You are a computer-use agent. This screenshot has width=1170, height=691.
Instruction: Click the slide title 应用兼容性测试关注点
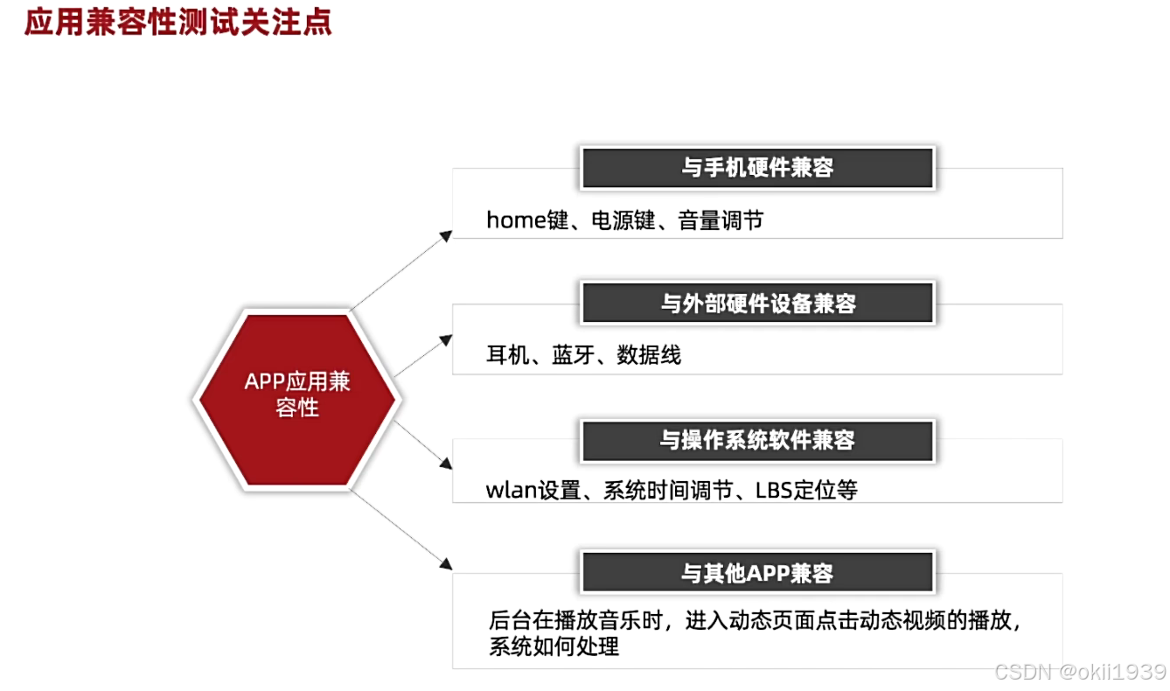point(178,23)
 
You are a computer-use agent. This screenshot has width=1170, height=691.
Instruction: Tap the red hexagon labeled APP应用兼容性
point(296,399)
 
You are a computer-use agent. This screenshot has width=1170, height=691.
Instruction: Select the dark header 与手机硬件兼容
point(757,168)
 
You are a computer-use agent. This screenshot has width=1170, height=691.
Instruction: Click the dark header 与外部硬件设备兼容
point(757,304)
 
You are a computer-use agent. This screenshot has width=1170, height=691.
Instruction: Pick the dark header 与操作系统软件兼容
point(757,439)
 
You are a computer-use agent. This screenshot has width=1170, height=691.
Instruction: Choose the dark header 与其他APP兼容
point(757,574)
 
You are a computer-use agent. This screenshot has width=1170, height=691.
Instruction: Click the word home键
point(527,220)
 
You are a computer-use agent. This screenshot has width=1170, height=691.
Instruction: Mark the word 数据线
point(648,355)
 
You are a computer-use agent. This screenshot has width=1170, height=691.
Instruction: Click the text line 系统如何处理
point(554,647)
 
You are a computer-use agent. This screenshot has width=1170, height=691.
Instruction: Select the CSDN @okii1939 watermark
point(1080,672)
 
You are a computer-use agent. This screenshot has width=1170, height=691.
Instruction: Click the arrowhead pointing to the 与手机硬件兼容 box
point(447,234)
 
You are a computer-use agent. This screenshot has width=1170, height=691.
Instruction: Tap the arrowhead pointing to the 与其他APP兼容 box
point(447,565)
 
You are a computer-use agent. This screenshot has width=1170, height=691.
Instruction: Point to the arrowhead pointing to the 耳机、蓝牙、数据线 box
point(447,338)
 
